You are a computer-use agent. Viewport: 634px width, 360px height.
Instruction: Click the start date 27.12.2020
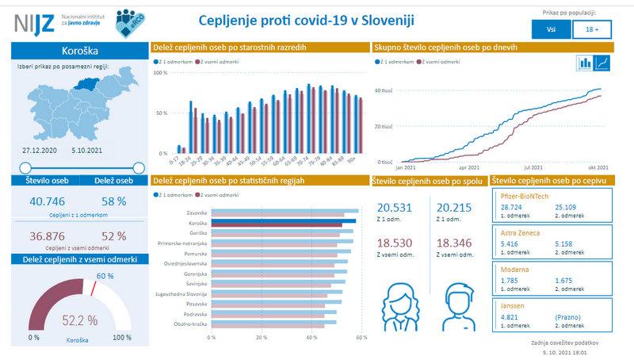38,149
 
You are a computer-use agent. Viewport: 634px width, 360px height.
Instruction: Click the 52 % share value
114,236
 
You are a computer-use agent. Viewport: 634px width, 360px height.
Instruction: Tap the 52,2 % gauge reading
80,320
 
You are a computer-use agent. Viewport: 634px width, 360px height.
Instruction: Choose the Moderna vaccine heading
514,270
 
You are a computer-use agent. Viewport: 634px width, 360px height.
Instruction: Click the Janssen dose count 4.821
510,317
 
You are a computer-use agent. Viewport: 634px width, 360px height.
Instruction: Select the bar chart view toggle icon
586,62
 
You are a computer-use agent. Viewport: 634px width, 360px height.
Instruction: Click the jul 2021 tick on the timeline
533,168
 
